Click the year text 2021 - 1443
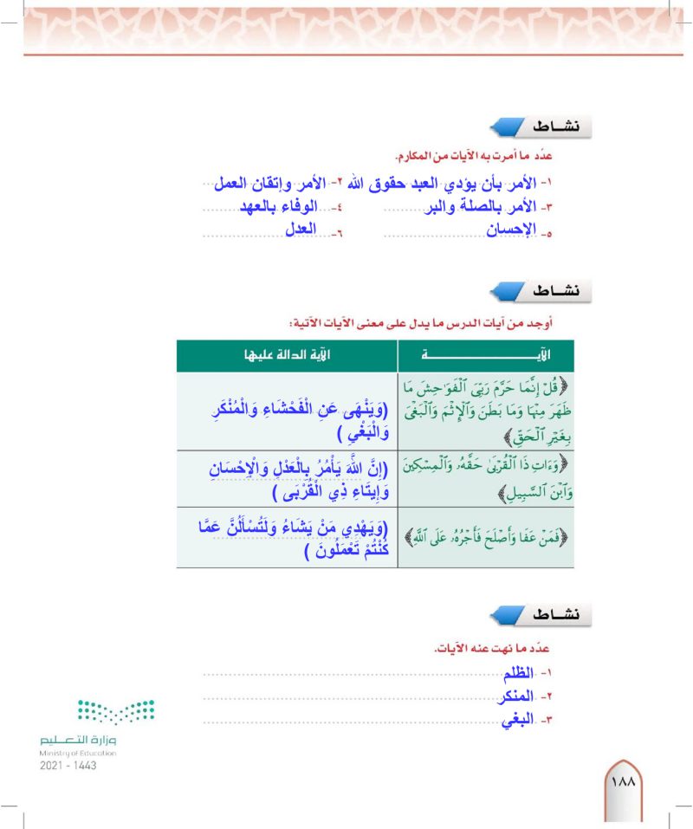coord(68,766)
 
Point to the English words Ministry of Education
coord(78,754)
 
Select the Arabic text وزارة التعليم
coord(78,741)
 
